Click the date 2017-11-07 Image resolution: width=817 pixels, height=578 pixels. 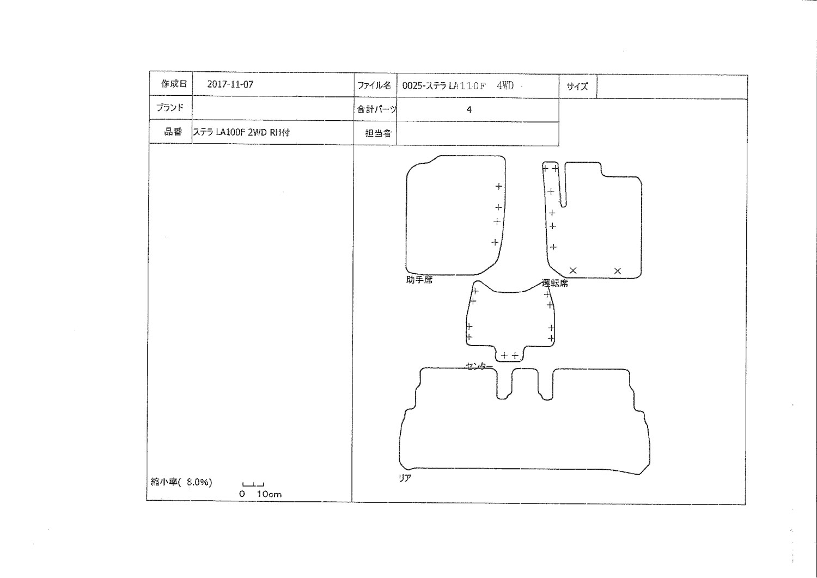tap(230, 84)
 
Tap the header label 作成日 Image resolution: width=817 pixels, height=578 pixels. tap(174, 84)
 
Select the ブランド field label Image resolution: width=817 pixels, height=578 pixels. tap(170, 108)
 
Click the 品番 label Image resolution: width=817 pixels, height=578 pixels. tap(173, 132)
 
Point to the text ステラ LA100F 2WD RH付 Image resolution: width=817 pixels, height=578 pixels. tap(241, 132)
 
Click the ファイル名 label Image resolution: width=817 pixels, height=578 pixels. tap(374, 85)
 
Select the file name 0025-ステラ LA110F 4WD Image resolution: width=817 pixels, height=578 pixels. tap(458, 86)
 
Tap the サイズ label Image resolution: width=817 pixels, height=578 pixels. tap(577, 87)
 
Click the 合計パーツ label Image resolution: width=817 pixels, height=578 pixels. tap(376, 109)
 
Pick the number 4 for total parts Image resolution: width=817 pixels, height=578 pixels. tap(469, 110)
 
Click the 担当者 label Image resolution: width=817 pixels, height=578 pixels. tap(378, 133)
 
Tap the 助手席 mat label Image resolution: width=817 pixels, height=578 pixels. tap(419, 280)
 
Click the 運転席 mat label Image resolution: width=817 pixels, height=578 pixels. tap(555, 283)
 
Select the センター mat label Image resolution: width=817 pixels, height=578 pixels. tap(479, 366)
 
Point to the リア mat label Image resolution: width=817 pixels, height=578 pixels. tap(405, 478)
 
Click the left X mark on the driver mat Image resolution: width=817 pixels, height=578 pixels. tap(573, 270)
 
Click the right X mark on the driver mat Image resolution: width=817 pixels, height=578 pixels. tap(618, 271)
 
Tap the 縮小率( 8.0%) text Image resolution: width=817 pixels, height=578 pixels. tap(181, 482)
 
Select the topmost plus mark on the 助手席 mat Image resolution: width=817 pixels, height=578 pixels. tap(498, 187)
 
